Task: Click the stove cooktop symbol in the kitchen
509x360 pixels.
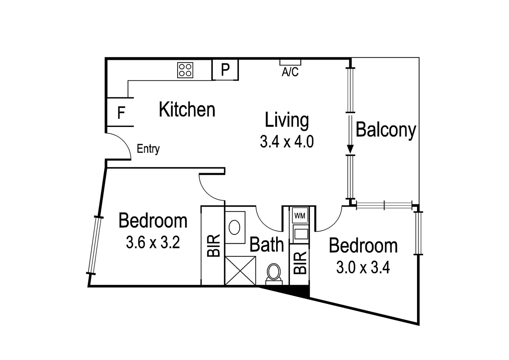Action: tap(185, 70)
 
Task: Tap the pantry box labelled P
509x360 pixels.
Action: tap(226, 70)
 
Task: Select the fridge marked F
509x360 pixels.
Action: tap(121, 113)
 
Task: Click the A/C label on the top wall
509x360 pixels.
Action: tap(290, 72)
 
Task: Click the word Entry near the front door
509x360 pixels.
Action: tap(148, 149)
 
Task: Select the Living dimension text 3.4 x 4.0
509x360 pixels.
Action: tap(287, 142)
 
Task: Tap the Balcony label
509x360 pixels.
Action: tap(386, 130)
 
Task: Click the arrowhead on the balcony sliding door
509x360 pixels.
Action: tap(350, 149)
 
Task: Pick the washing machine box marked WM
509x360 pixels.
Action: tap(300, 216)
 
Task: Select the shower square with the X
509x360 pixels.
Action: tap(241, 270)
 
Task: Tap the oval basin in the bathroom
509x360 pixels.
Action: tap(235, 227)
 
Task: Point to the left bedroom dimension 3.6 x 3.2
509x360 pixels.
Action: tap(153, 242)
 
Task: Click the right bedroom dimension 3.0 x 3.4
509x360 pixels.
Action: tap(363, 267)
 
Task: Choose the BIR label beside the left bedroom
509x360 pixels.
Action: tap(214, 245)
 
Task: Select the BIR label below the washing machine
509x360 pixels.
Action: tap(300, 263)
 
